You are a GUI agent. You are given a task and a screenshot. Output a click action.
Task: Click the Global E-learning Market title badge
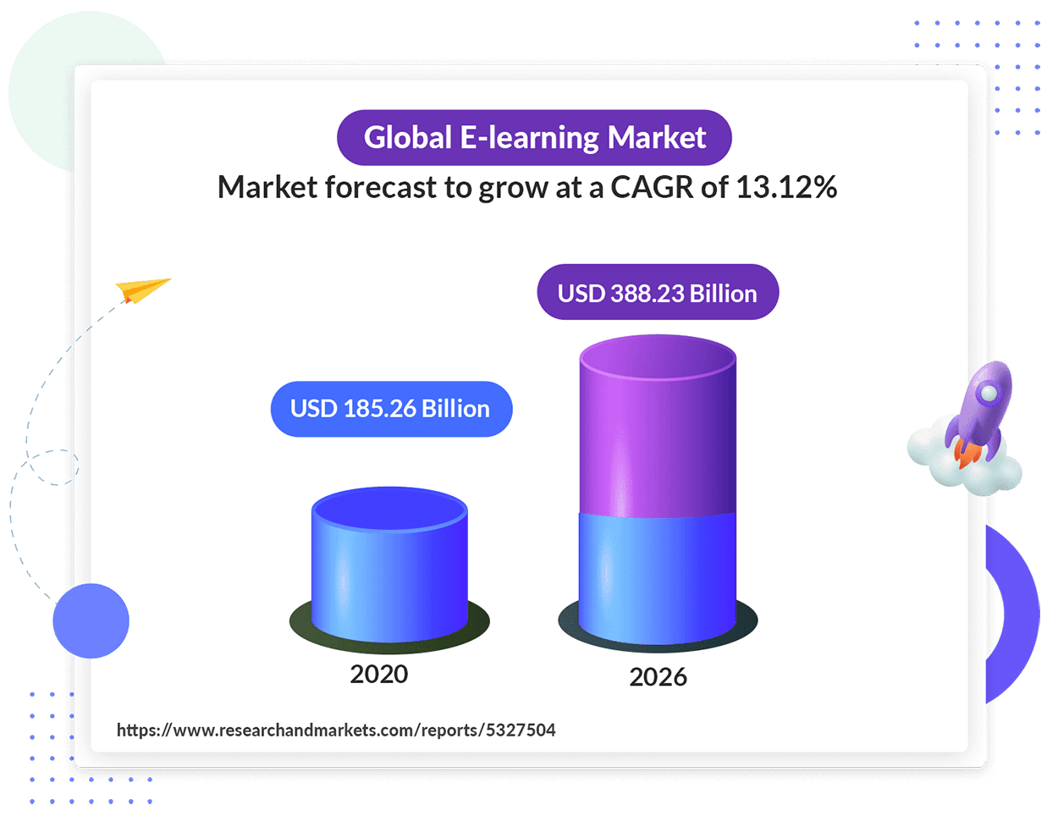533,137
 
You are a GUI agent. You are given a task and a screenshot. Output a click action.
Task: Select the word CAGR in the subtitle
652,187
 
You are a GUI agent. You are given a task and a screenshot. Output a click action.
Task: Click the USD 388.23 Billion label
658,292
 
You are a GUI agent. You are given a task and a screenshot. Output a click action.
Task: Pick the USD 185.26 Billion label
391,409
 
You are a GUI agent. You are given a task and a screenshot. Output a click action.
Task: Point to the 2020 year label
379,674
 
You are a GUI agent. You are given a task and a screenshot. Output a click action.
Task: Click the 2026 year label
658,677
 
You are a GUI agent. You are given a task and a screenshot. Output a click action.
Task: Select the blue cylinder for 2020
389,565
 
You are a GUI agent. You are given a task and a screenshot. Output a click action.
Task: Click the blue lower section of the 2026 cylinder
658,579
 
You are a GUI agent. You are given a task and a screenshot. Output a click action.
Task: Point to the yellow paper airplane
142,289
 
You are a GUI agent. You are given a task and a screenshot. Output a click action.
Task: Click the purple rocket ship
979,414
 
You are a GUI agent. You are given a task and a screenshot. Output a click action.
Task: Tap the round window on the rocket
989,394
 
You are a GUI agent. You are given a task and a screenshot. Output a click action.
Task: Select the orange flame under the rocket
966,454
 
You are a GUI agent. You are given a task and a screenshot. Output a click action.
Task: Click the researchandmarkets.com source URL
336,731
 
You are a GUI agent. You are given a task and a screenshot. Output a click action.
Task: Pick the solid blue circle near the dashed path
91,620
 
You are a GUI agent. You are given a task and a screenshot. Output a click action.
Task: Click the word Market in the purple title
657,137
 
